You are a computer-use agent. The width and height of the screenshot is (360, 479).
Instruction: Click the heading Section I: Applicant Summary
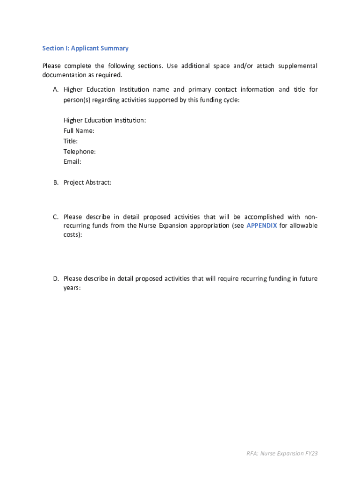85,48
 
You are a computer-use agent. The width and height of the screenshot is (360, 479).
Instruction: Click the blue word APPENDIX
261,225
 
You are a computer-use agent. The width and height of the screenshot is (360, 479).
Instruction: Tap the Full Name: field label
79,131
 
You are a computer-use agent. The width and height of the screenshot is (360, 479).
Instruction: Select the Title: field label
71,141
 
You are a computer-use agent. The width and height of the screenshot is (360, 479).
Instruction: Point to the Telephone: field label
79,152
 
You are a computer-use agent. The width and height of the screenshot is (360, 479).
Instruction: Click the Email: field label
72,162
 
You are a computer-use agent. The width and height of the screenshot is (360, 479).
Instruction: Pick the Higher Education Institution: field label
105,121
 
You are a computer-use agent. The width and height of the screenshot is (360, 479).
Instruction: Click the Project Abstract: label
87,182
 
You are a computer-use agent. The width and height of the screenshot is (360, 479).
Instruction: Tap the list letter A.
55,89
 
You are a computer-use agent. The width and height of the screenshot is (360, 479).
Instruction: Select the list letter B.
55,182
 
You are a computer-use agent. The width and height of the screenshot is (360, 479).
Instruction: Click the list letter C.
55,217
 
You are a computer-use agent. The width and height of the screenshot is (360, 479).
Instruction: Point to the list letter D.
55,279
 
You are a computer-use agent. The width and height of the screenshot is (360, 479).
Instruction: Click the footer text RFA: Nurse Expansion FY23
282,453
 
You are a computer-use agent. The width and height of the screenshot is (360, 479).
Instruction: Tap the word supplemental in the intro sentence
297,66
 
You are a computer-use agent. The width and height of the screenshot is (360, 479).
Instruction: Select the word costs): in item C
72,234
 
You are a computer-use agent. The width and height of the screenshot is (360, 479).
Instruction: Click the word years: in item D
72,288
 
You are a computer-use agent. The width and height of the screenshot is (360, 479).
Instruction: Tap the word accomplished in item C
263,217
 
